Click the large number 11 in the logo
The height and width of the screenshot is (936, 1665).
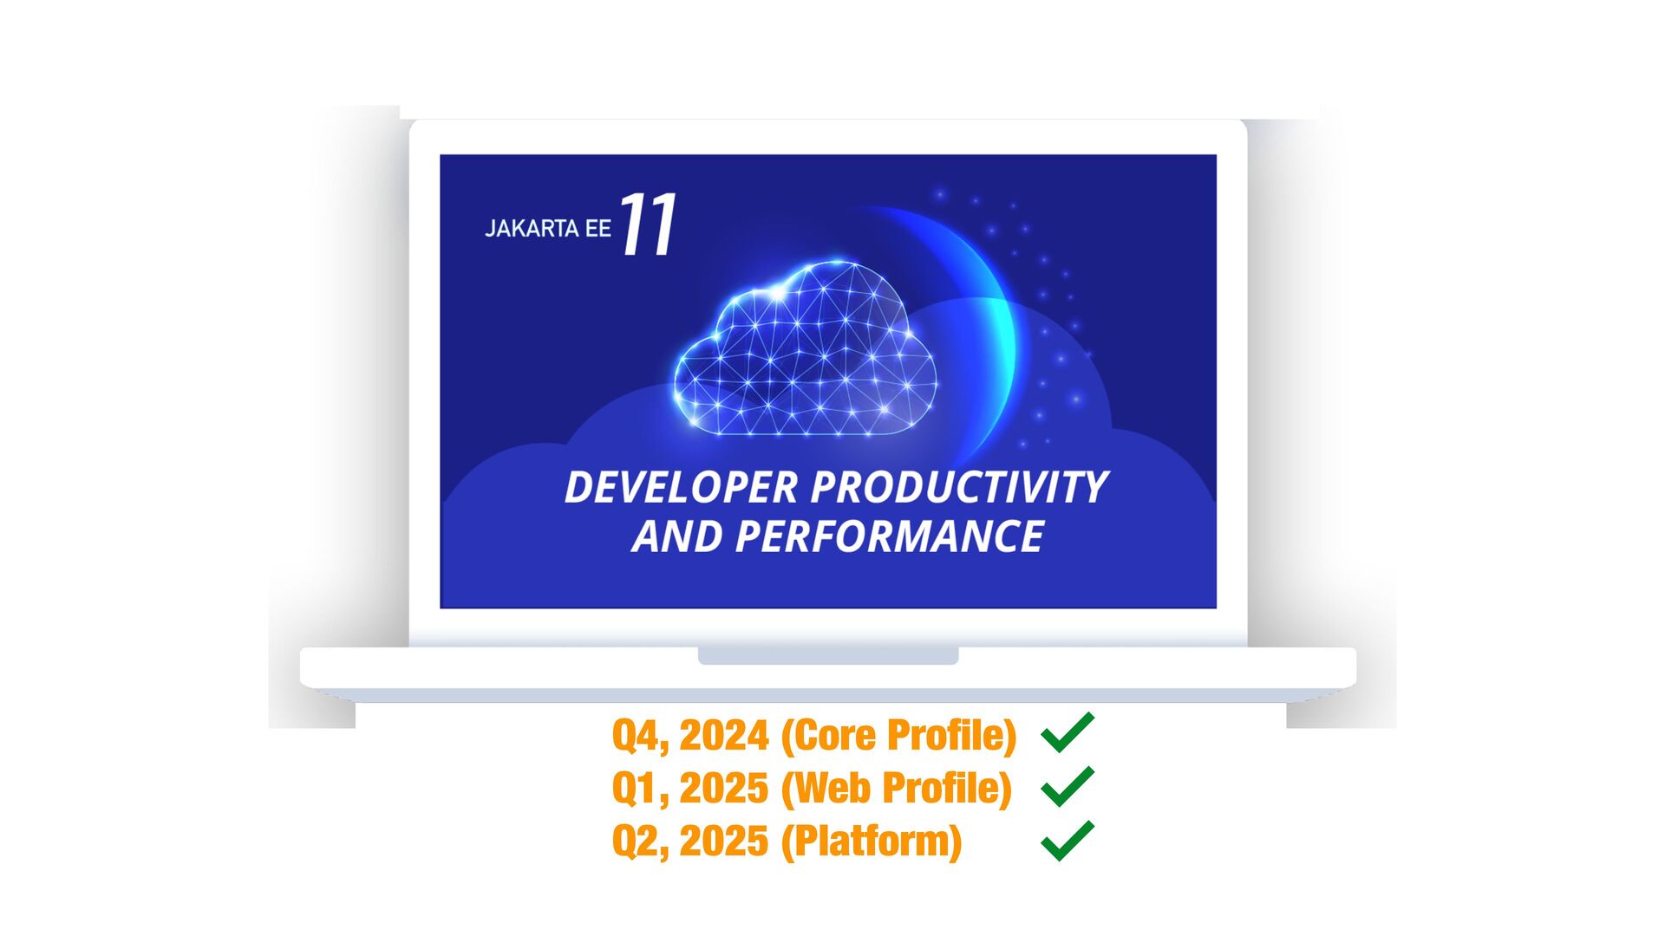tap(649, 224)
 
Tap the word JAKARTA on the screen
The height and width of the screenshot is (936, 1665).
tap(532, 229)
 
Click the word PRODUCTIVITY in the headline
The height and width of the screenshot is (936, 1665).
tap(960, 487)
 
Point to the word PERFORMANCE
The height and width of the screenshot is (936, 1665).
tap(890, 536)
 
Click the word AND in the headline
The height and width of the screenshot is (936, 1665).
tap(678, 536)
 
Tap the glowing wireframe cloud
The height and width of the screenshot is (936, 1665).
tap(805, 348)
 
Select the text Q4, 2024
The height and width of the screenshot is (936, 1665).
tap(690, 736)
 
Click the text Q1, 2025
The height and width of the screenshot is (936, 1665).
tap(690, 789)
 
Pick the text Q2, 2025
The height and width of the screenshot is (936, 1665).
tap(690, 842)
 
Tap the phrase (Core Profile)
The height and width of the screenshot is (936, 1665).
tap(898, 736)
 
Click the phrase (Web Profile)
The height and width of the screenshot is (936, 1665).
tap(897, 789)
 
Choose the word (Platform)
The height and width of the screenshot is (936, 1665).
tap(872, 842)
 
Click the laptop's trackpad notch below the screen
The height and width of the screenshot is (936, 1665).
tap(828, 655)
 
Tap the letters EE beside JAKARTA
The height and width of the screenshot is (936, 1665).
tap(598, 229)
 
